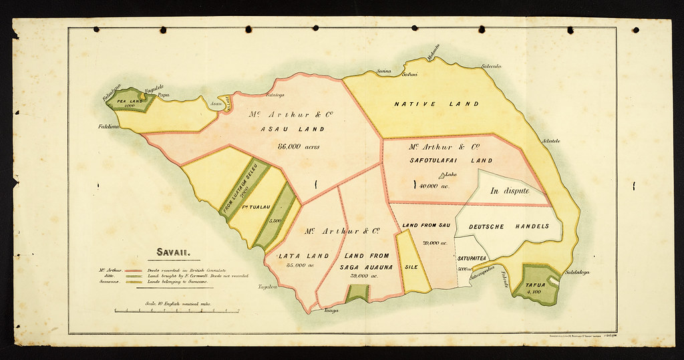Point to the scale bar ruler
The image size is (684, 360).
[x=177, y=311]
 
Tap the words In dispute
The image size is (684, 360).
[x=509, y=190]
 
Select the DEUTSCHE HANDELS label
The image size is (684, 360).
[x=509, y=226]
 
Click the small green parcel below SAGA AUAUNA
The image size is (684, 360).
[x=358, y=292]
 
